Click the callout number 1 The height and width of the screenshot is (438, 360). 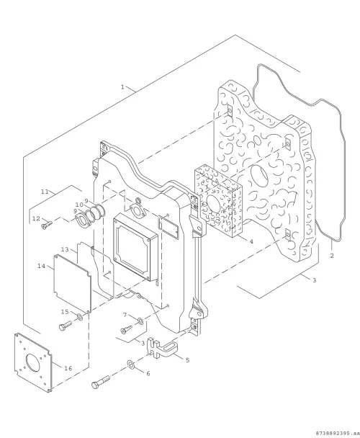coord(122,87)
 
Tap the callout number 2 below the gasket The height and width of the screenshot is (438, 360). coord(331,255)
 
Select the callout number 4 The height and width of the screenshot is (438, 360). coord(251,241)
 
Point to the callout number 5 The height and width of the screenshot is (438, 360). coord(188,359)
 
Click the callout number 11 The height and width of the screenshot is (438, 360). coord(45,192)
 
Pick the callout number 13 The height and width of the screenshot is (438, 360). coord(65,249)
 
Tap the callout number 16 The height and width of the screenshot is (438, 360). coord(68,368)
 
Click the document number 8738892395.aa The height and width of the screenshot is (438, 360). coord(337,433)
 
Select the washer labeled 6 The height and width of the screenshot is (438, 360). coord(131,364)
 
